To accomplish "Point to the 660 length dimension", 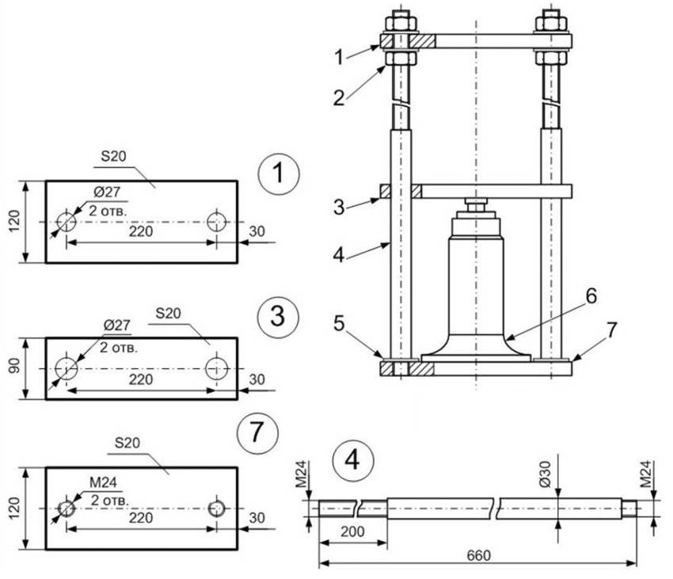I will (x=477, y=555).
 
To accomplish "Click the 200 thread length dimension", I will (x=353, y=531).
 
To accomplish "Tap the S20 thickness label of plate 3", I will (x=168, y=314).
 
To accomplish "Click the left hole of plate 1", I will (x=67, y=223).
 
